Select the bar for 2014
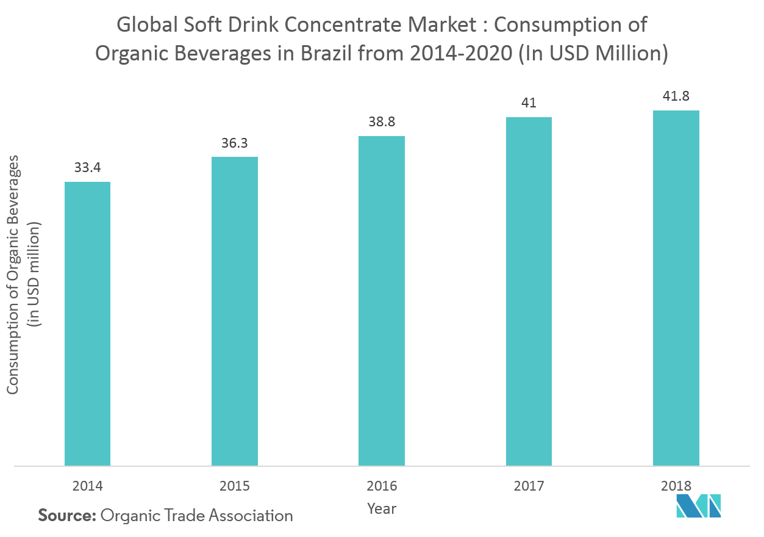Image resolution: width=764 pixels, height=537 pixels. click(87, 323)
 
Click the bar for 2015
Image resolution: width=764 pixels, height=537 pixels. click(235, 311)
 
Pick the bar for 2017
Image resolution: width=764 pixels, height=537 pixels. click(529, 291)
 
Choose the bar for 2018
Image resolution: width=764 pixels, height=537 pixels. click(676, 288)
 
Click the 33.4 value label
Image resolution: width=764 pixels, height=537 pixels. click(87, 167)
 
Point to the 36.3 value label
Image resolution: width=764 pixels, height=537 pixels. click(235, 143)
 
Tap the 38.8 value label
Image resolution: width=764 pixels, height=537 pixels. click(382, 121)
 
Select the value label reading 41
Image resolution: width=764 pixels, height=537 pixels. click(529, 103)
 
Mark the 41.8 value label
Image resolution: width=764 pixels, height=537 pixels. click(676, 96)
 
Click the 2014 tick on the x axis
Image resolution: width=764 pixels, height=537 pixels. click(87, 486)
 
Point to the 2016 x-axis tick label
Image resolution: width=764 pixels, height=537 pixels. click(382, 486)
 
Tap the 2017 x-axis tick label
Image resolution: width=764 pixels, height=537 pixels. click(529, 486)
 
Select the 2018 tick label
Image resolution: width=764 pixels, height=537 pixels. click(676, 486)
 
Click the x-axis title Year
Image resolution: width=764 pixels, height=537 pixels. click(382, 508)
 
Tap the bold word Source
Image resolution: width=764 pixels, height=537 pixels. click(67, 516)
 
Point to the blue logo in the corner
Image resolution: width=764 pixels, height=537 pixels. click(699, 506)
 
